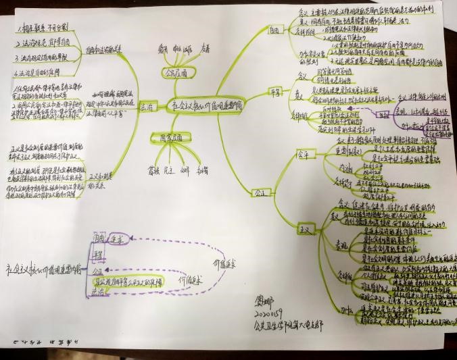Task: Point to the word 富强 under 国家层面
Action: coord(153,170)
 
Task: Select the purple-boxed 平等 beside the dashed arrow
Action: coord(99,253)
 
